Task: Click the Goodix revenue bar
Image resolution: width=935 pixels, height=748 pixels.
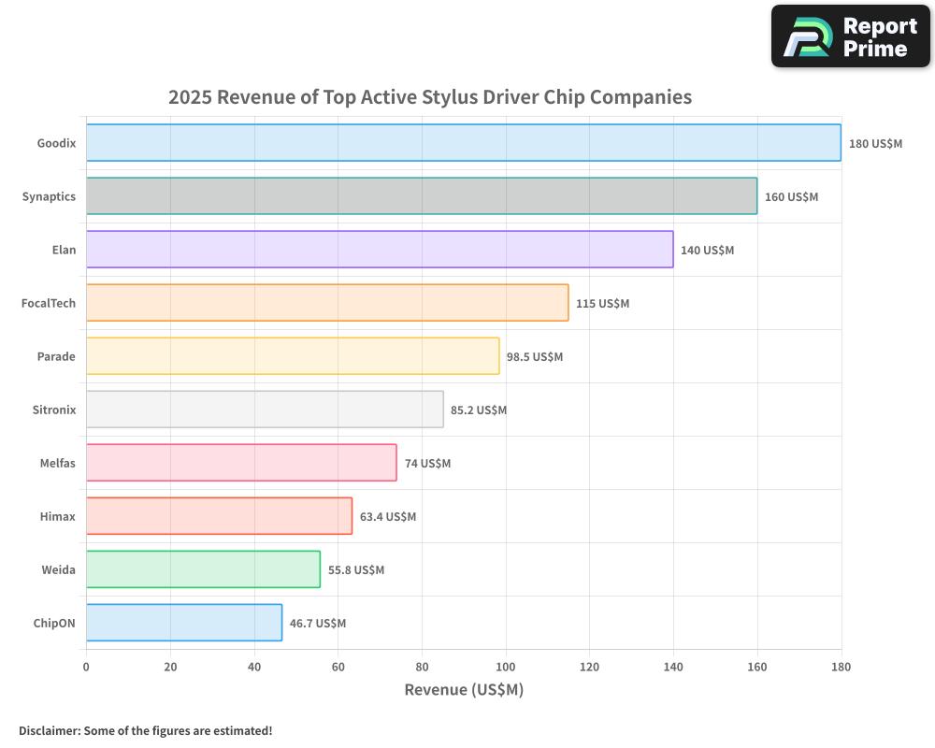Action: pos(463,143)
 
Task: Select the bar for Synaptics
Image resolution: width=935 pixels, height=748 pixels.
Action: pos(421,196)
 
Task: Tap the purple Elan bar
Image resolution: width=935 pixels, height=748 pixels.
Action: pos(379,250)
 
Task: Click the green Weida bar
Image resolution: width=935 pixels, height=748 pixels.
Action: pos(203,569)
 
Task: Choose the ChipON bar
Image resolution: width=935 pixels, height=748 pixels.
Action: pos(184,623)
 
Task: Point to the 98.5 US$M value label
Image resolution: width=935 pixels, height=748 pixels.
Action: pos(535,356)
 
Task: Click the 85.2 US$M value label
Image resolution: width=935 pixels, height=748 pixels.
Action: pos(479,410)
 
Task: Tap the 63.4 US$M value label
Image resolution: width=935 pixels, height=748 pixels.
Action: pos(388,516)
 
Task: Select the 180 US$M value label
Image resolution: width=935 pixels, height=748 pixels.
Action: pos(875,144)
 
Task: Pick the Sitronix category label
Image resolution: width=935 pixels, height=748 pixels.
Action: pos(54,410)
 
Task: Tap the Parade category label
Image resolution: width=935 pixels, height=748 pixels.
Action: pos(56,356)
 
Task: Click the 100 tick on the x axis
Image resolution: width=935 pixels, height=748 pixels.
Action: pos(506,667)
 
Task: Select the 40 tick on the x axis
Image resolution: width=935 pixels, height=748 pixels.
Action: pos(254,667)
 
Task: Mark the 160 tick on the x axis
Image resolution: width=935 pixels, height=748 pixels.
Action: pos(757,667)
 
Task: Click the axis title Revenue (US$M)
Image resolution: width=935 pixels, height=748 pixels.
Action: pos(464,690)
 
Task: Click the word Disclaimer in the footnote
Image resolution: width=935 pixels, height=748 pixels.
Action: pos(48,730)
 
